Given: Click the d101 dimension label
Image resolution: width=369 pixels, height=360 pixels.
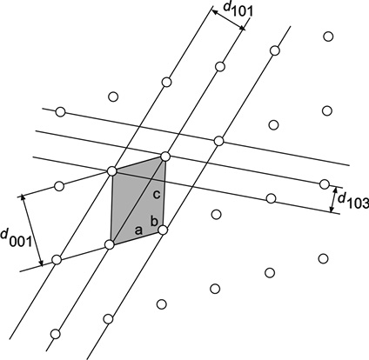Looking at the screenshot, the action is [238, 10].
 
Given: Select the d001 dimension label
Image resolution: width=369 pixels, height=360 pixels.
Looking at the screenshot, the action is [16, 238].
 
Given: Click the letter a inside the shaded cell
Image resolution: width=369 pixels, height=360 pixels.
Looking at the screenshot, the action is [138, 230].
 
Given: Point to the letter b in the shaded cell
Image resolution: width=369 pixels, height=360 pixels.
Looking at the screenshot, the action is [154, 221].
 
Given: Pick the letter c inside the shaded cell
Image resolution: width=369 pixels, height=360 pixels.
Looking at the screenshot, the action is [156, 195].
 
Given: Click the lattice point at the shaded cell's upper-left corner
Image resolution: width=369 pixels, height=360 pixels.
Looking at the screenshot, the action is [111, 171].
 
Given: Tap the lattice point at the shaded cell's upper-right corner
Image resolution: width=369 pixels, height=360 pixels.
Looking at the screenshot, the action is [165, 157].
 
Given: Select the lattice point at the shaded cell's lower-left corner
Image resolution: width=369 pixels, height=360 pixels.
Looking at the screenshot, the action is [110, 245].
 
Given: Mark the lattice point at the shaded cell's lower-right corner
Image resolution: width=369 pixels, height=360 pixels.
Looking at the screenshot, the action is [163, 230].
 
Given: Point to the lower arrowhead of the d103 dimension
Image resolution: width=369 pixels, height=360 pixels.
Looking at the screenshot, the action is [332, 209].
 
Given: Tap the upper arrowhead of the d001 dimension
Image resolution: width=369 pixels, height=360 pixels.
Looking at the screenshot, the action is [23, 198].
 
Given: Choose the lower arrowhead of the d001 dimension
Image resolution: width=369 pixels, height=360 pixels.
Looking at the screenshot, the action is [41, 263].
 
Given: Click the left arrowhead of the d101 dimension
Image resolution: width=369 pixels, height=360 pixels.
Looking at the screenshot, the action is [215, 11].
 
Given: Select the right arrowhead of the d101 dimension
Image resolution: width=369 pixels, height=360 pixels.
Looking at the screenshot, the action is [242, 28].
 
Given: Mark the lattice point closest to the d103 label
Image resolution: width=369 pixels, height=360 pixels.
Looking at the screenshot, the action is [325, 184].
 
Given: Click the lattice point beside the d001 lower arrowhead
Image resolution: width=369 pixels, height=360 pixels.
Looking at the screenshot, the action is [57, 259].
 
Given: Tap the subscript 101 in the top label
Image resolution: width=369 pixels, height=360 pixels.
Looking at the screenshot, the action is [243, 11].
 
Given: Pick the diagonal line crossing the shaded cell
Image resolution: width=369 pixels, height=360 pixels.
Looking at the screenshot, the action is [138, 201].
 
